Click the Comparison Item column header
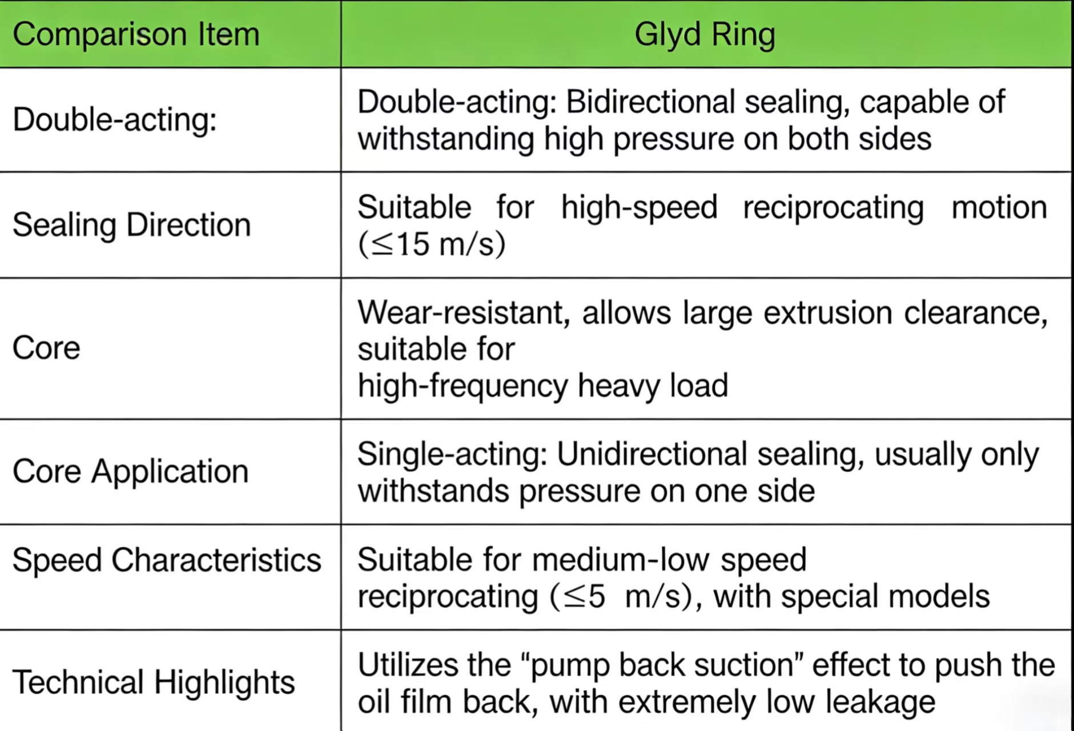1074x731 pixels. pyautogui.click(x=136, y=34)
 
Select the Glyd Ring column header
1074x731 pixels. pyautogui.click(x=705, y=35)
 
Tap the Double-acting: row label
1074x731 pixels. pyautogui.click(x=115, y=120)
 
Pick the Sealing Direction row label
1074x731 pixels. pyautogui.click(x=132, y=224)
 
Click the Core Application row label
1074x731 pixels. pyautogui.click(x=131, y=472)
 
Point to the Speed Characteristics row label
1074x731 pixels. pyautogui.click(x=167, y=560)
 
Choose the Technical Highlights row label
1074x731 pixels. pyautogui.click(x=154, y=682)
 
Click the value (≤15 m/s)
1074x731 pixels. pyautogui.click(x=432, y=244)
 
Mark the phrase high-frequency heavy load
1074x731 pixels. pyautogui.click(x=543, y=386)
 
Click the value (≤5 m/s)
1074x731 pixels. pyautogui.click(x=621, y=597)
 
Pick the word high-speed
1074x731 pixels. pyautogui.click(x=639, y=207)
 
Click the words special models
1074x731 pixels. pyautogui.click(x=886, y=597)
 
